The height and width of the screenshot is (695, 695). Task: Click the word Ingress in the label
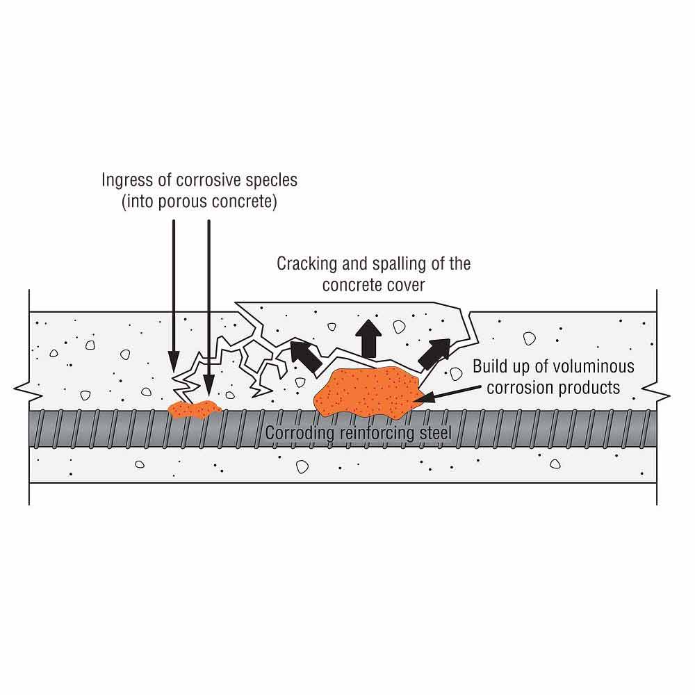(x=119, y=181)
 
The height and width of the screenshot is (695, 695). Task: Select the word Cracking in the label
(x=300, y=264)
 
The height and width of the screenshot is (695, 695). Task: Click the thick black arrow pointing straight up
(x=368, y=338)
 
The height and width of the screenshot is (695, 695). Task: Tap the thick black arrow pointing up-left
(x=305, y=355)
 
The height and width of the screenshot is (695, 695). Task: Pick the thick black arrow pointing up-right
(x=434, y=354)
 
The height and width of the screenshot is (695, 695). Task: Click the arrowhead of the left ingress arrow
(x=174, y=361)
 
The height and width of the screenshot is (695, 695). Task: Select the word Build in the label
(x=490, y=366)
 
